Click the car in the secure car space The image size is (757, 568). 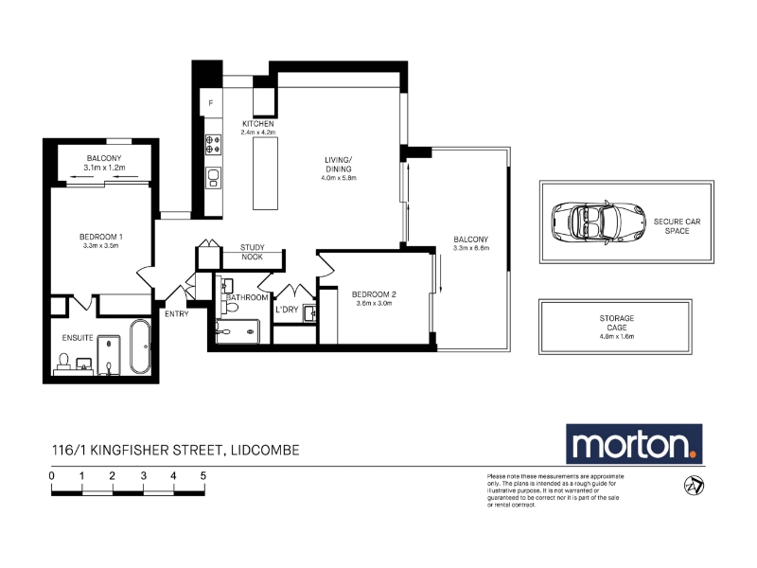(x=599, y=222)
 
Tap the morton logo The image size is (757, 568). (x=634, y=444)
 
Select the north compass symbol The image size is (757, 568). (x=695, y=486)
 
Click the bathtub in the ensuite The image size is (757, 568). (x=140, y=346)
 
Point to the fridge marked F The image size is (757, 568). (x=211, y=103)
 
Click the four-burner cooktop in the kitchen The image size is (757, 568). (x=213, y=145)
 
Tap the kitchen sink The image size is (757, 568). (x=214, y=178)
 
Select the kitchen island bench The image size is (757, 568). (x=266, y=173)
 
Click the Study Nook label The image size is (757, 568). (x=253, y=252)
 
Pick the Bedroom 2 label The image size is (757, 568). (x=374, y=294)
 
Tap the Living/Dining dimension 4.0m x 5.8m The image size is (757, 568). (x=339, y=178)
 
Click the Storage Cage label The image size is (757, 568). (x=617, y=323)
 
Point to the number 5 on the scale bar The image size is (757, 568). (x=203, y=476)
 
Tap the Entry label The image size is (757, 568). (x=177, y=314)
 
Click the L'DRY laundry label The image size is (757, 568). (x=287, y=310)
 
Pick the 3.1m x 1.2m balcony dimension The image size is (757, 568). (x=104, y=168)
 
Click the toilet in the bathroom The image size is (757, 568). (x=232, y=306)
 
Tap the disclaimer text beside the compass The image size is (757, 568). (x=555, y=490)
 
